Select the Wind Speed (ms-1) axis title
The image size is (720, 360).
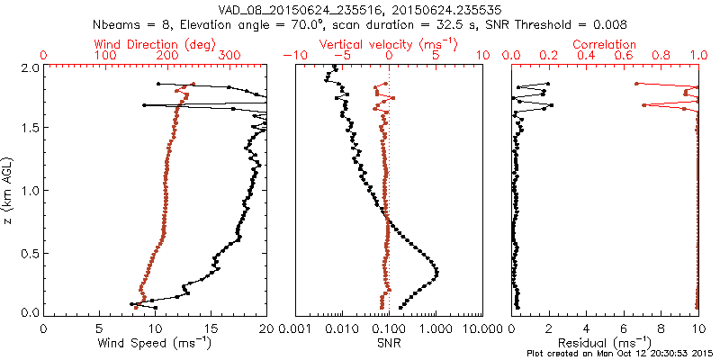click(x=156, y=343)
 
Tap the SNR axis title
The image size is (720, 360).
click(x=388, y=343)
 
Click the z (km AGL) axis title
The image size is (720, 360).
click(x=9, y=191)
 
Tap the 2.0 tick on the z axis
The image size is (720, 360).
click(x=30, y=68)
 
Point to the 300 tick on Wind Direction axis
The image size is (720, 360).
click(x=229, y=56)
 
